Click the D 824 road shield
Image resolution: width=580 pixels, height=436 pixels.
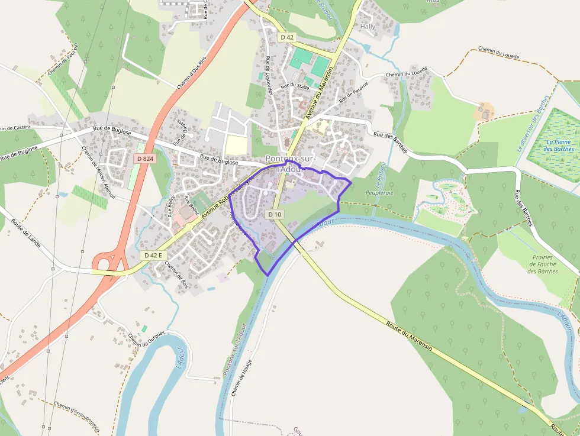[x=144, y=159]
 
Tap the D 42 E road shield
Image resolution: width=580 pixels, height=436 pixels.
[x=153, y=255]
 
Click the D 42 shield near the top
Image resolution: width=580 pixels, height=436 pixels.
[x=287, y=37]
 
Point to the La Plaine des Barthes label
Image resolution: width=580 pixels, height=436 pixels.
[x=559, y=145]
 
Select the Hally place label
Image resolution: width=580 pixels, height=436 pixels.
[x=368, y=27]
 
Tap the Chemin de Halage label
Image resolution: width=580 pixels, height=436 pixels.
[x=241, y=377]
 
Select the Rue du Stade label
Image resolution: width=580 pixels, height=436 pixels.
[x=295, y=86]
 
